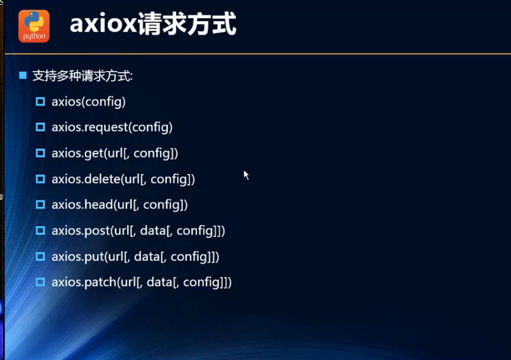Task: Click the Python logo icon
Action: (x=34, y=26)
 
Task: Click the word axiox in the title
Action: (x=103, y=25)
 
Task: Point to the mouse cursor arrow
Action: (x=246, y=175)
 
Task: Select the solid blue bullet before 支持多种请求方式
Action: (x=23, y=75)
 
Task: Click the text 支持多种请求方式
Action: (x=82, y=76)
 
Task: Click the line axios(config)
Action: (x=88, y=102)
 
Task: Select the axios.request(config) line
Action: (x=112, y=127)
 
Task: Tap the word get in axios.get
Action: (x=93, y=154)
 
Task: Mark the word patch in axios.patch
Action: (x=100, y=282)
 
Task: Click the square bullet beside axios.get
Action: (x=40, y=153)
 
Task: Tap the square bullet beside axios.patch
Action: (x=40, y=282)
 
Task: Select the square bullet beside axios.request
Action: (x=40, y=127)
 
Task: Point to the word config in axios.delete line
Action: (x=169, y=179)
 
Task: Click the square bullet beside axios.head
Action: (x=40, y=205)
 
